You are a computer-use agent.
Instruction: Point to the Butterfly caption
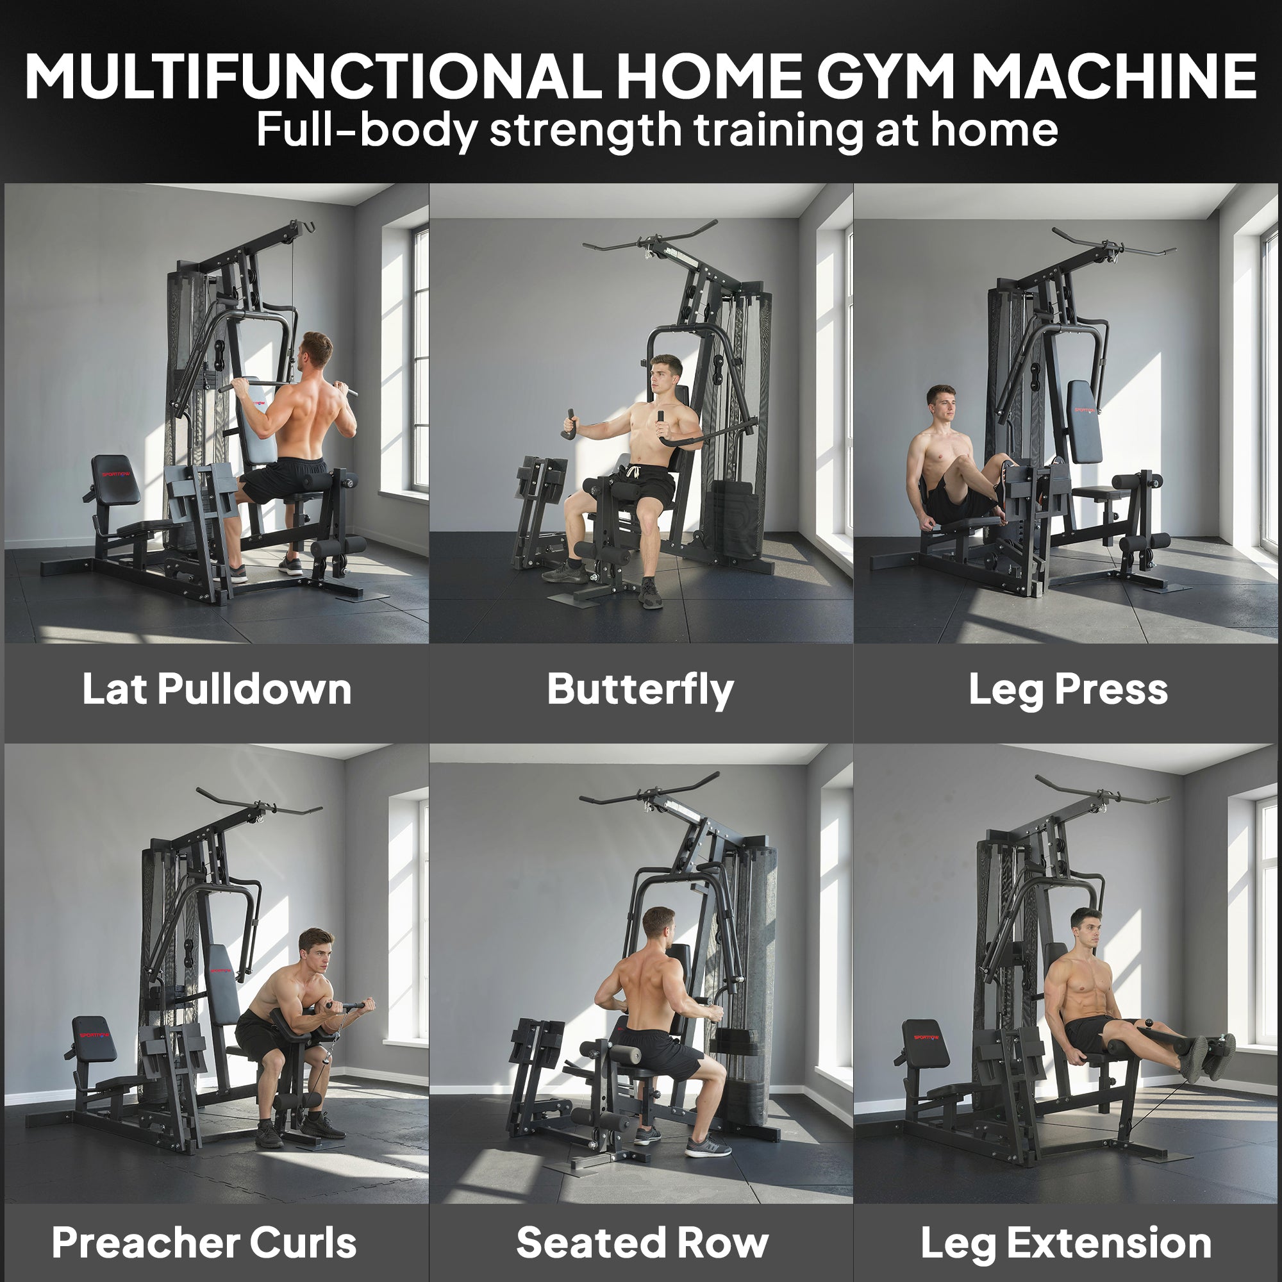point(640,690)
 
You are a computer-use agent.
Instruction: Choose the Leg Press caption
point(1068,690)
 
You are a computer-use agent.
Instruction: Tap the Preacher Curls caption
point(204,1243)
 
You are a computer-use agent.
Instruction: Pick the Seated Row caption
point(642,1243)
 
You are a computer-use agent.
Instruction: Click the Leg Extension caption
point(1066,1243)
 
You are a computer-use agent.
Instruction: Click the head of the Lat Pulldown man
point(316,349)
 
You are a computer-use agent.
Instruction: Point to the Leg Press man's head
point(942,404)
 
